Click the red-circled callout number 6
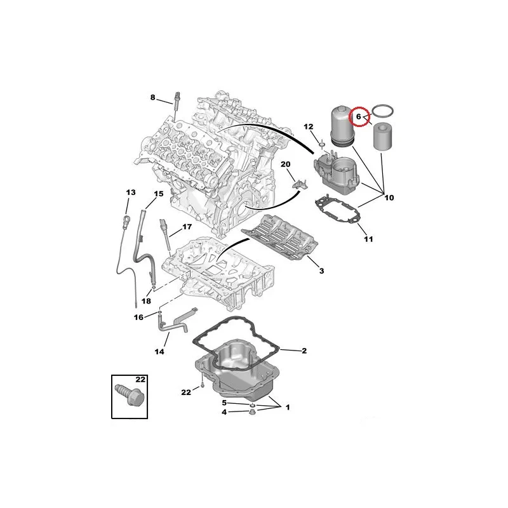point(358,116)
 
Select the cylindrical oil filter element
point(384,137)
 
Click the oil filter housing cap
point(342,126)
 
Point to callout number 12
point(309,126)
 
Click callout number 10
point(389,197)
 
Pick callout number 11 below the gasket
point(368,239)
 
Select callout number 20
point(285,164)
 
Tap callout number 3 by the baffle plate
point(321,271)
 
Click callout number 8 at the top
point(153,97)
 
